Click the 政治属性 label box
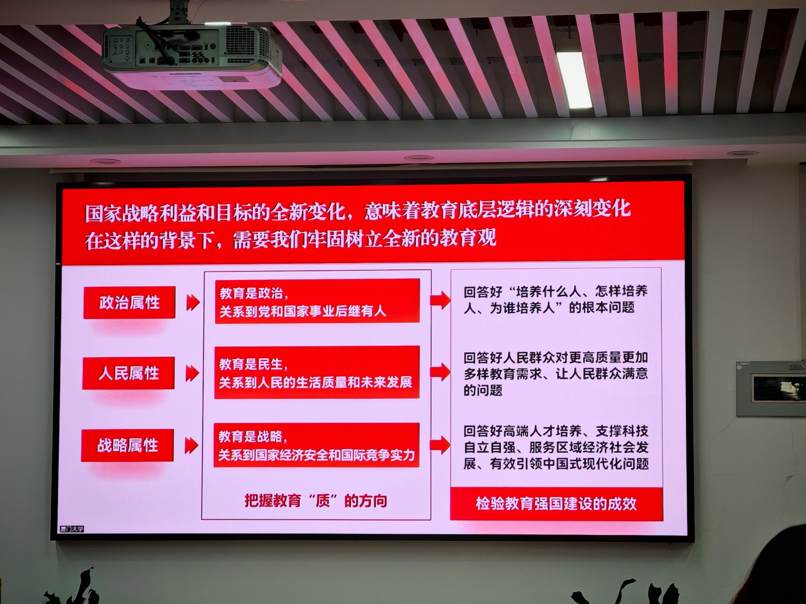pyautogui.click(x=129, y=302)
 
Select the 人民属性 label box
pyautogui.click(x=128, y=373)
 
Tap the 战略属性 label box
pyautogui.click(x=128, y=445)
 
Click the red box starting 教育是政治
pyautogui.click(x=317, y=301)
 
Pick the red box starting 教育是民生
pyautogui.click(x=317, y=372)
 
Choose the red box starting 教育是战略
pyautogui.click(x=316, y=445)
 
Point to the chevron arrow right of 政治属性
pyautogui.click(x=193, y=302)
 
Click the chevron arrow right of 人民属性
pyautogui.click(x=192, y=373)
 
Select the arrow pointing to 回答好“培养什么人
pyautogui.click(x=440, y=300)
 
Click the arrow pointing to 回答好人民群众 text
pyautogui.click(x=440, y=372)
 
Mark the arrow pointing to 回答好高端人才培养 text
pyautogui.click(x=440, y=445)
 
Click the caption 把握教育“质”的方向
pyautogui.click(x=316, y=501)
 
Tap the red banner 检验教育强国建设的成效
pyautogui.click(x=556, y=504)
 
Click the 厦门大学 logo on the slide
pyautogui.click(x=72, y=529)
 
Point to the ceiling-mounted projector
pyautogui.click(x=192, y=55)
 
